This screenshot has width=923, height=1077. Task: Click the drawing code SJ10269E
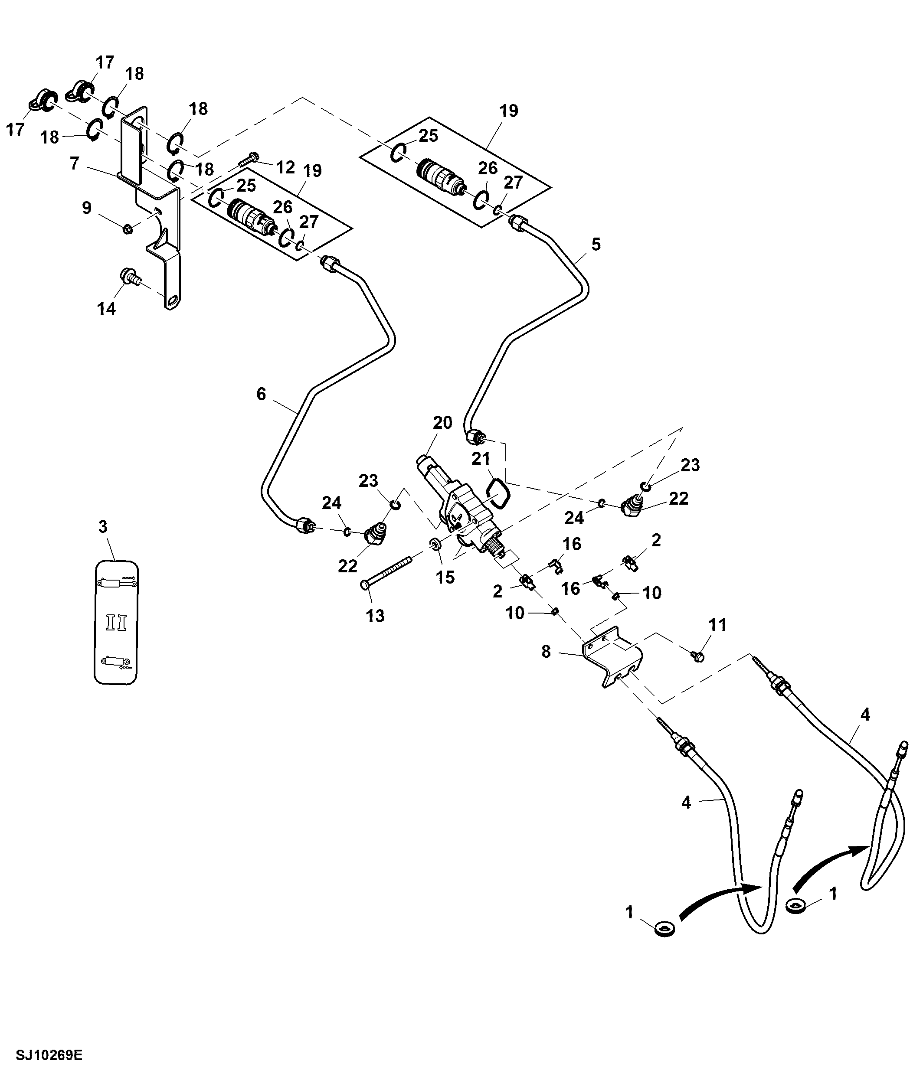point(49,1055)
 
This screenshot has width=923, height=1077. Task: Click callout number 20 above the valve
point(442,423)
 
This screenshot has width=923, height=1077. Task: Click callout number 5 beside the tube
point(596,244)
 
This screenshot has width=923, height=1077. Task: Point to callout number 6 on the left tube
point(261,394)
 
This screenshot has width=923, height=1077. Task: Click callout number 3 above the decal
point(103,526)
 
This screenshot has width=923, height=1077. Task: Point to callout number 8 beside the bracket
point(546,651)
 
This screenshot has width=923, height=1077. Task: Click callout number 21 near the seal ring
point(481,458)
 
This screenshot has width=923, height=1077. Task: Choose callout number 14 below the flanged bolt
point(106,309)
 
